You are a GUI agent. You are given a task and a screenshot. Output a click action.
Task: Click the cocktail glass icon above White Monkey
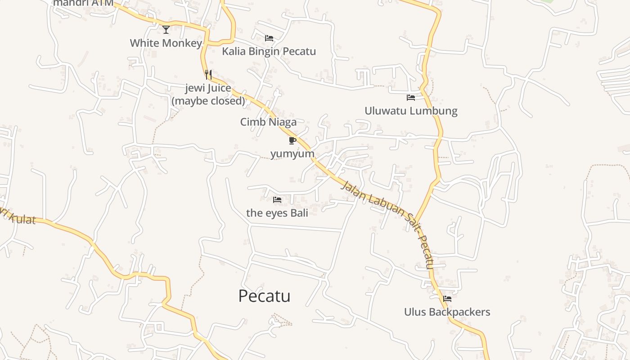click(166, 30)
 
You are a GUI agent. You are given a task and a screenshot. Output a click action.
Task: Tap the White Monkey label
click(166, 43)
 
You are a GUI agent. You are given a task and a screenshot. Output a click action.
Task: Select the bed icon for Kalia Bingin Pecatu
click(269, 38)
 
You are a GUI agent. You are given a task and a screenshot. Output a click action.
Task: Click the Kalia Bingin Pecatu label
click(269, 51)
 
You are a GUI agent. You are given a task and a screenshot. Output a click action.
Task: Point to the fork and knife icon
click(208, 75)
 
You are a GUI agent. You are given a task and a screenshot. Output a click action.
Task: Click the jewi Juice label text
click(208, 88)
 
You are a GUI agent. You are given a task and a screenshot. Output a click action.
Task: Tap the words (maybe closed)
click(208, 101)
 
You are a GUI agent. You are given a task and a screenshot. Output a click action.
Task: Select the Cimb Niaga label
click(268, 122)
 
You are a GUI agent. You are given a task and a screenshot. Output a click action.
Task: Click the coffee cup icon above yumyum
click(292, 140)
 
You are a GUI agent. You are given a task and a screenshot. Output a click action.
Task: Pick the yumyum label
click(292, 153)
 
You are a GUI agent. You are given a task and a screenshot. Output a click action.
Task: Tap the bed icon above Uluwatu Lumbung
click(411, 97)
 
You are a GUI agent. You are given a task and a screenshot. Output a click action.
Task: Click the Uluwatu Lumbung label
click(411, 111)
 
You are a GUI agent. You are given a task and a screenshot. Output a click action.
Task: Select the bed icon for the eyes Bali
click(277, 199)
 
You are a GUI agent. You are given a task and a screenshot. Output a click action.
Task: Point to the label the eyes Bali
click(277, 213)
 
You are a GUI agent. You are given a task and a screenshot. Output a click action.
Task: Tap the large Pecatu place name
click(264, 296)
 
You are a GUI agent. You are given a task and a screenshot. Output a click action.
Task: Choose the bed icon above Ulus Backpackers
click(447, 298)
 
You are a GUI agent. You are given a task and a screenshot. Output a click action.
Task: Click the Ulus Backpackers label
click(447, 312)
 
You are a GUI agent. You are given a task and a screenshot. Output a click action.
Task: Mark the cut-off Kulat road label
click(18, 217)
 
